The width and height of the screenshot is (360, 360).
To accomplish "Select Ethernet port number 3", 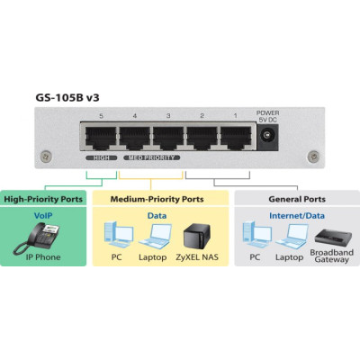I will click(169, 138).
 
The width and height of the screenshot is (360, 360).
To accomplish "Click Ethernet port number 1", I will click(236, 138).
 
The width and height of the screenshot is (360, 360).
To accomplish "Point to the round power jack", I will click(267, 137).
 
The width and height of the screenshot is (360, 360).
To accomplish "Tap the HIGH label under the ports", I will click(103, 157).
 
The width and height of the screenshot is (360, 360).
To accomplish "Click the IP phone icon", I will click(40, 238).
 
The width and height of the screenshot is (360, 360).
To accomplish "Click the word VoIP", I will click(43, 216).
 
